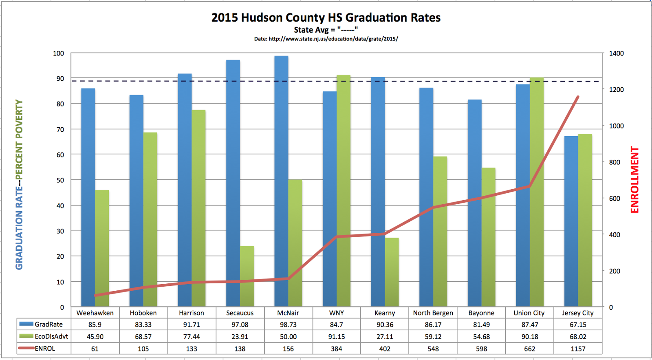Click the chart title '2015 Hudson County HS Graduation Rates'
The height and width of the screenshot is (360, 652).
tap(326, 18)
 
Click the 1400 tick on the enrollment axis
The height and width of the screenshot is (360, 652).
tap(616, 53)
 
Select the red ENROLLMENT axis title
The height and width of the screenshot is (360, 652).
tap(634, 180)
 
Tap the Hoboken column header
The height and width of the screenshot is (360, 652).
tap(143, 313)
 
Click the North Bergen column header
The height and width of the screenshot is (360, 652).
tap(433, 313)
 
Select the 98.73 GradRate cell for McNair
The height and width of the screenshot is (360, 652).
tap(288, 325)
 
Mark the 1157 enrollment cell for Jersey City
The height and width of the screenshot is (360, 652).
tap(578, 349)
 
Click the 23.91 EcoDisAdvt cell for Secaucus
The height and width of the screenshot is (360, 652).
tap(240, 337)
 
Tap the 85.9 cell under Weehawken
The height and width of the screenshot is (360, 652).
tap(95, 325)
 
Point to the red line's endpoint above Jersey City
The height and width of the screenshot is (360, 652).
tap(578, 97)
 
